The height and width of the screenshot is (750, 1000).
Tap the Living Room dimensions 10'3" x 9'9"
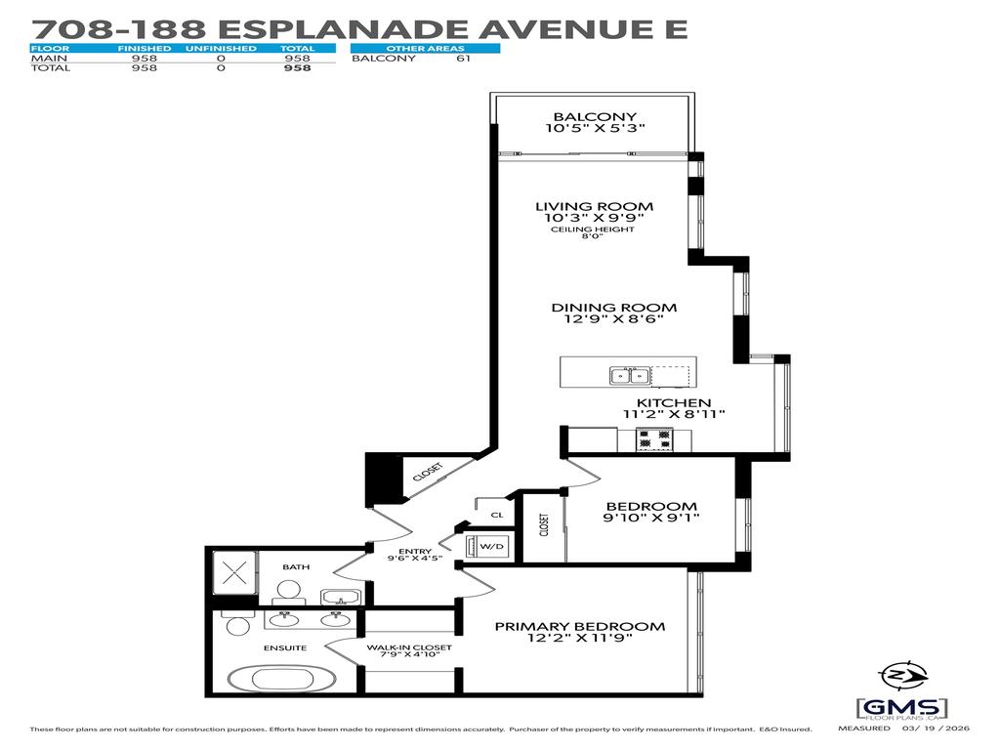pos(594,219)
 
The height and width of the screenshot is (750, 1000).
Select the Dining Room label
pos(613,308)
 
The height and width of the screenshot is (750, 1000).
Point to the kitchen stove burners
pos(654,440)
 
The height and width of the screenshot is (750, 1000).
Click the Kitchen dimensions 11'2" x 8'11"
pos(674,414)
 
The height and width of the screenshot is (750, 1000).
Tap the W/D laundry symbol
pos(490,546)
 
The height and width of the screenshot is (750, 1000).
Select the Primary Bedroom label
pos(579,627)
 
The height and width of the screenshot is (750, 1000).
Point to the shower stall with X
pos(232,573)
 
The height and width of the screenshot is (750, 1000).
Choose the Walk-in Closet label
pos(409,647)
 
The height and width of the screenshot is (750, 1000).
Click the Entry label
pos(415,552)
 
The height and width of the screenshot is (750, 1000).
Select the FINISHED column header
pos(145,48)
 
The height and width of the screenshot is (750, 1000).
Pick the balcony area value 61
pos(463,59)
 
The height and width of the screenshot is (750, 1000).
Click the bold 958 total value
pos(297,68)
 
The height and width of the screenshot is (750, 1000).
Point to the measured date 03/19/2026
pos(941,729)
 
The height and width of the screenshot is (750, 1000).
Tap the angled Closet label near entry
pos(427,472)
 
